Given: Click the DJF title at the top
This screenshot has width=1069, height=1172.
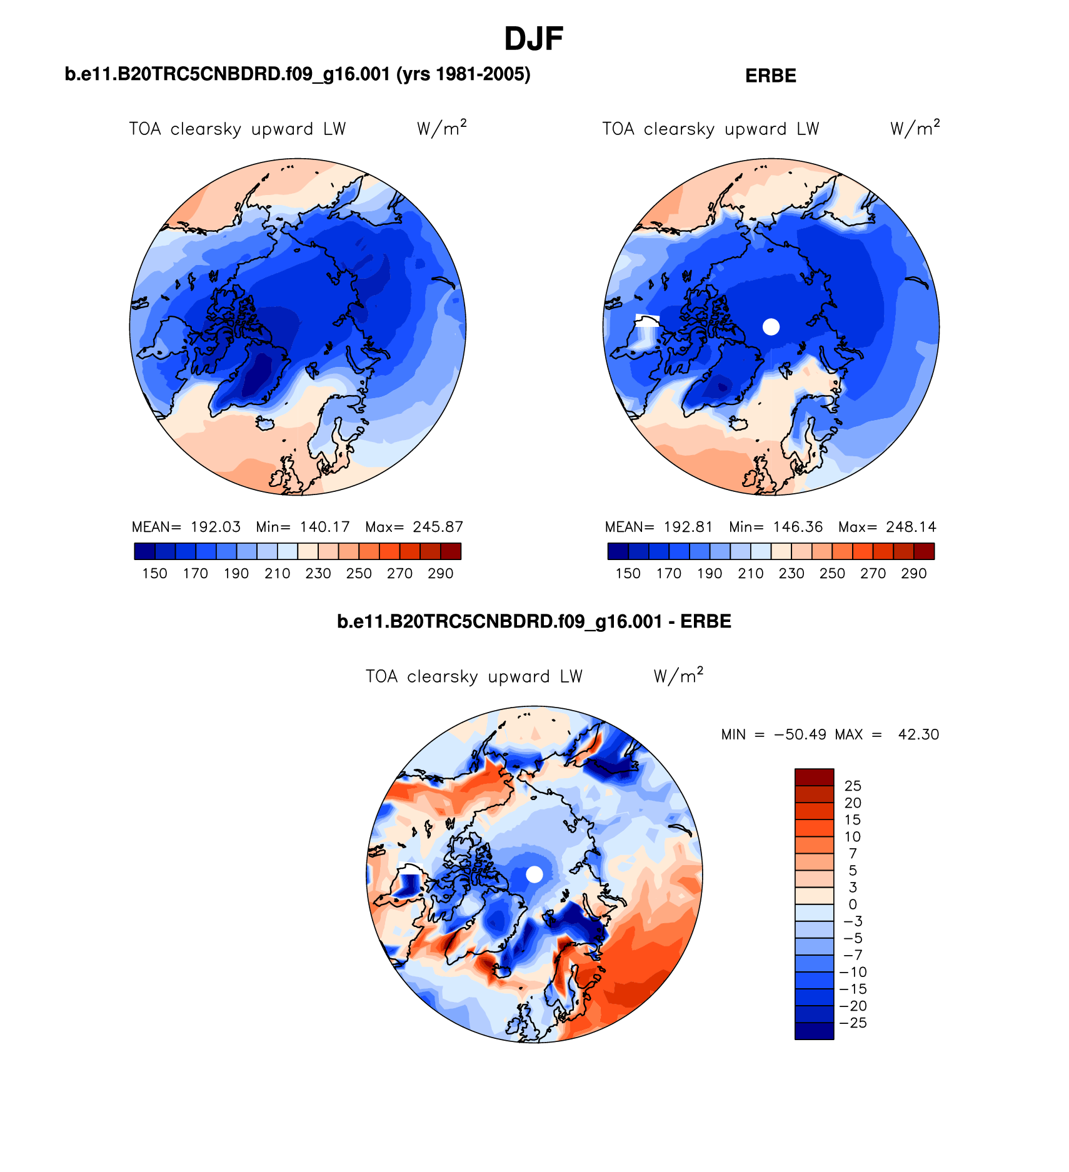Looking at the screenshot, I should [533, 39].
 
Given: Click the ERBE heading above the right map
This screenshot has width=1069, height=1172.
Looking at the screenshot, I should [770, 76].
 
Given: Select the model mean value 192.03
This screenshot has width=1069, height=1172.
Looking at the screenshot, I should [216, 527].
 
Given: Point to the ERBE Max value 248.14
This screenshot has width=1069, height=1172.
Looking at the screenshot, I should [911, 527].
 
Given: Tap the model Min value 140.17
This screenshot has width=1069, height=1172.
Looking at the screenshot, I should [324, 527].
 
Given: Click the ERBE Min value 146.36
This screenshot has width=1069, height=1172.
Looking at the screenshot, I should [798, 527].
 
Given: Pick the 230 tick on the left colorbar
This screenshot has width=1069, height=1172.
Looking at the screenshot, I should [318, 574].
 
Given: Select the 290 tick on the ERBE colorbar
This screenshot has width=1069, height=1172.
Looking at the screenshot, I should [913, 574].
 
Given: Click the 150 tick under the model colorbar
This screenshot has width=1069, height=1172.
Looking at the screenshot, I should [154, 574].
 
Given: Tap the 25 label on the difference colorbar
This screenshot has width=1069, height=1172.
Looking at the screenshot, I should [853, 786].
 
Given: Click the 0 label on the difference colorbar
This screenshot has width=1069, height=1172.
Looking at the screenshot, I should [853, 904].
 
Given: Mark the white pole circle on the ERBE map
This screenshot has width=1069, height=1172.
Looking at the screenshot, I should [771, 326].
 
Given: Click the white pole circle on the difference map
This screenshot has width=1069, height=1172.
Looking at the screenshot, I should [534, 874].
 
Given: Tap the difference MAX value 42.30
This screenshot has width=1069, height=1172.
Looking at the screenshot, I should [918, 734].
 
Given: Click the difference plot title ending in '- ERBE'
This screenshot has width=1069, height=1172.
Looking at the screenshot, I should [534, 622].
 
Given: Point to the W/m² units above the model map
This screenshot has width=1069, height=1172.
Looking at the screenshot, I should [441, 128].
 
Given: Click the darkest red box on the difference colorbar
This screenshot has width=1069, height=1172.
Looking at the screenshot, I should [814, 777].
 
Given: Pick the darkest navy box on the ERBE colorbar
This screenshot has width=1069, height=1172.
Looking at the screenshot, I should [617, 551].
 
